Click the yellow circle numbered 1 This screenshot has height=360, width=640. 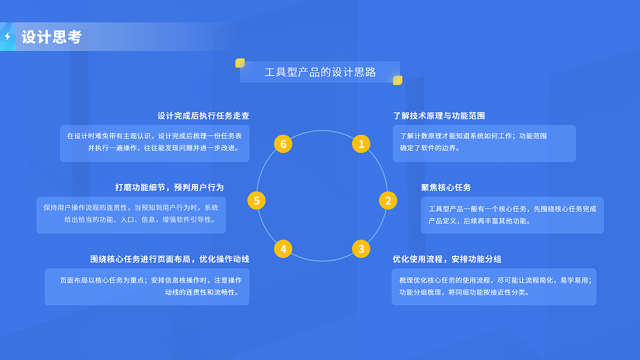click(361, 144)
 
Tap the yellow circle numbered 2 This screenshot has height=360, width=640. click(388, 200)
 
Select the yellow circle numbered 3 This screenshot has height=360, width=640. click(361, 249)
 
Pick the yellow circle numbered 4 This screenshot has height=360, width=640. click(283, 249)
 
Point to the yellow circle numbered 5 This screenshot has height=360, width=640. click(256, 200)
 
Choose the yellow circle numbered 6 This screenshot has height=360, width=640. click(283, 144)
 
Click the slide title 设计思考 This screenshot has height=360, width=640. click(51, 37)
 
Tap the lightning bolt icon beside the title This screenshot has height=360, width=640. click(7, 36)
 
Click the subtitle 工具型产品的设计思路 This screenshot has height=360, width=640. click(320, 72)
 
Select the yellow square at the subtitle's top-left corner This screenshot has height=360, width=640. click(240, 63)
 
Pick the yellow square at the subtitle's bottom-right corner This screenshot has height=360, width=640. click(397, 80)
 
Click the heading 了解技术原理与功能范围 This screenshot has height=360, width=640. click(439, 115)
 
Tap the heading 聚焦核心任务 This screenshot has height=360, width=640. click(446, 187)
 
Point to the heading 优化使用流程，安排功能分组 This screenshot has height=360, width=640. click(447, 259)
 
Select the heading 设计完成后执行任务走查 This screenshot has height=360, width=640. click(203, 115)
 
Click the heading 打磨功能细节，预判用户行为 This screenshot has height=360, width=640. click(169, 187)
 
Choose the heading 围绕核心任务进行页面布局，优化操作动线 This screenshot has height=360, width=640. click(169, 259)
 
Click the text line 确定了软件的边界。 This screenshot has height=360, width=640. click(430, 148)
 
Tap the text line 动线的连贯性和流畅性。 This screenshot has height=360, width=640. click(201, 292)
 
